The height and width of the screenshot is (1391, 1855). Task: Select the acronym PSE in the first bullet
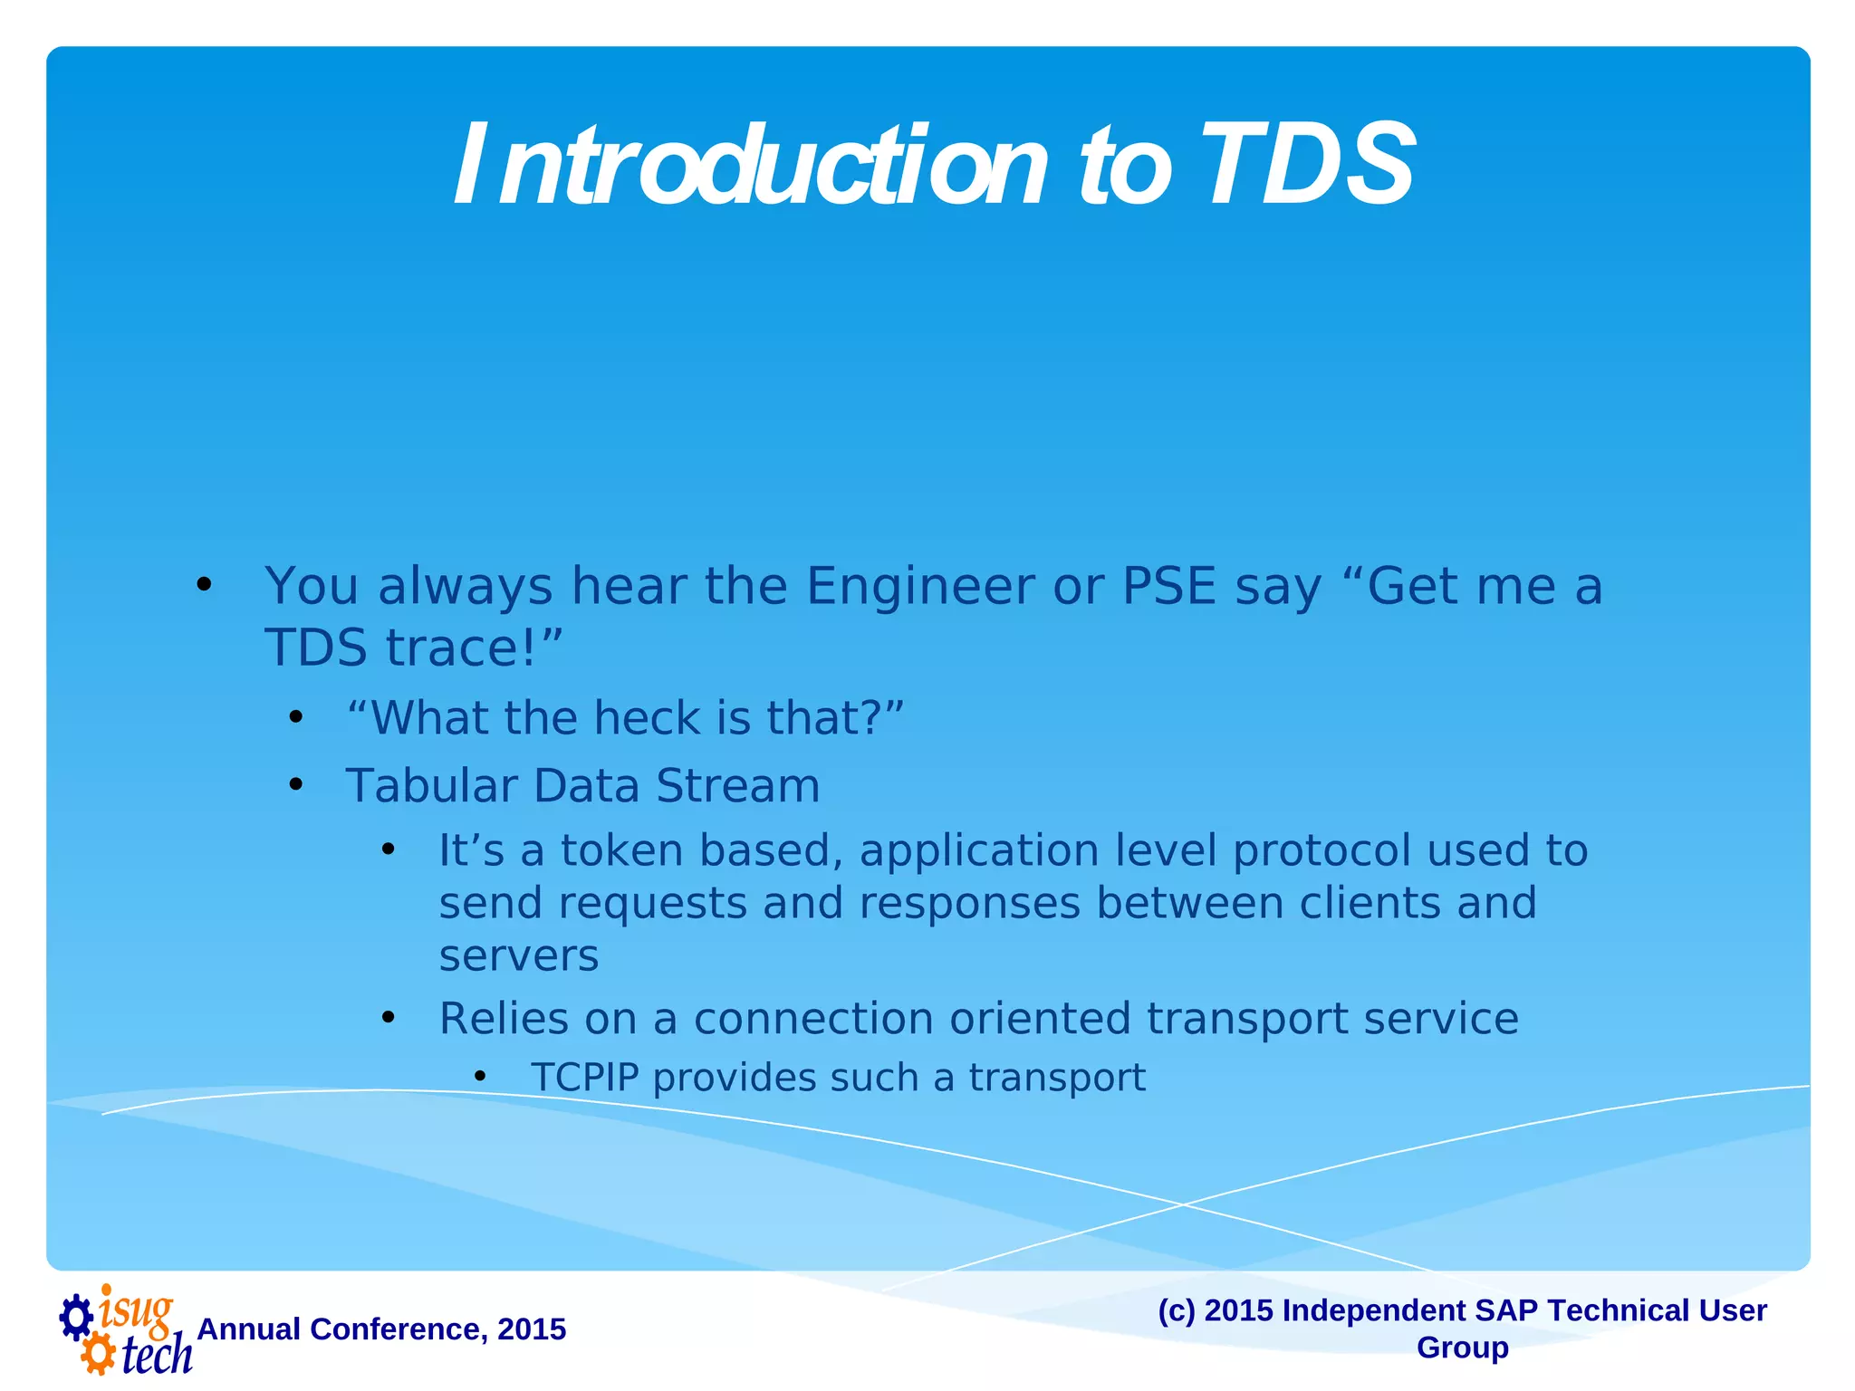[x=1168, y=586]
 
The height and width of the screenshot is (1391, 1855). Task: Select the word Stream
[x=737, y=785]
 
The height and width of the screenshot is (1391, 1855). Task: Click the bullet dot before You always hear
[x=204, y=585]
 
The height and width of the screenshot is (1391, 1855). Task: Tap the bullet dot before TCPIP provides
[x=480, y=1077]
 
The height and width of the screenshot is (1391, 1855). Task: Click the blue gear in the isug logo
[x=76, y=1318]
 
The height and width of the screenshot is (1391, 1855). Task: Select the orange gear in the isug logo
[x=98, y=1355]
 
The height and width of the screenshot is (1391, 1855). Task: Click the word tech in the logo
[x=157, y=1356]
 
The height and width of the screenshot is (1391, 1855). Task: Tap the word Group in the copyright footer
[x=1462, y=1348]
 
